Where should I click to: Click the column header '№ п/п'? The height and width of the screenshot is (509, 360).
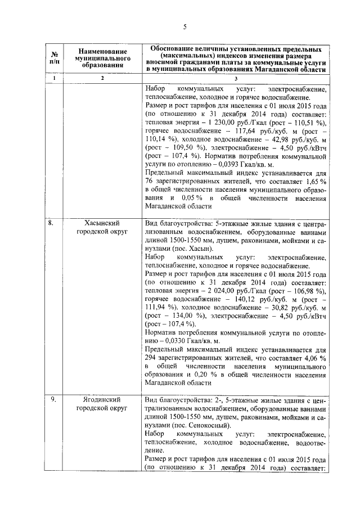(x=55, y=57)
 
